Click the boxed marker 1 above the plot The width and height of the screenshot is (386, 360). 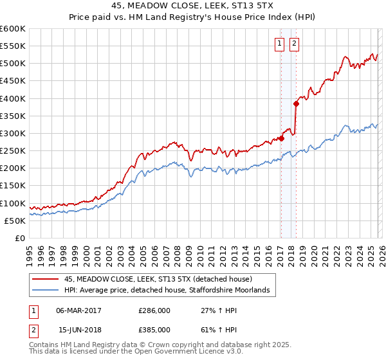[280, 44]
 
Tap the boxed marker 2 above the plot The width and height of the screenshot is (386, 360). [294, 44]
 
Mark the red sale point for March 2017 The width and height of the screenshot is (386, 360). [281, 138]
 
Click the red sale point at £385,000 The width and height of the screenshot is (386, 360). [296, 104]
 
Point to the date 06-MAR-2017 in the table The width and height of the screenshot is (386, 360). [78, 310]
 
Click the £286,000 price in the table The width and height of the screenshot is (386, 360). [154, 310]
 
